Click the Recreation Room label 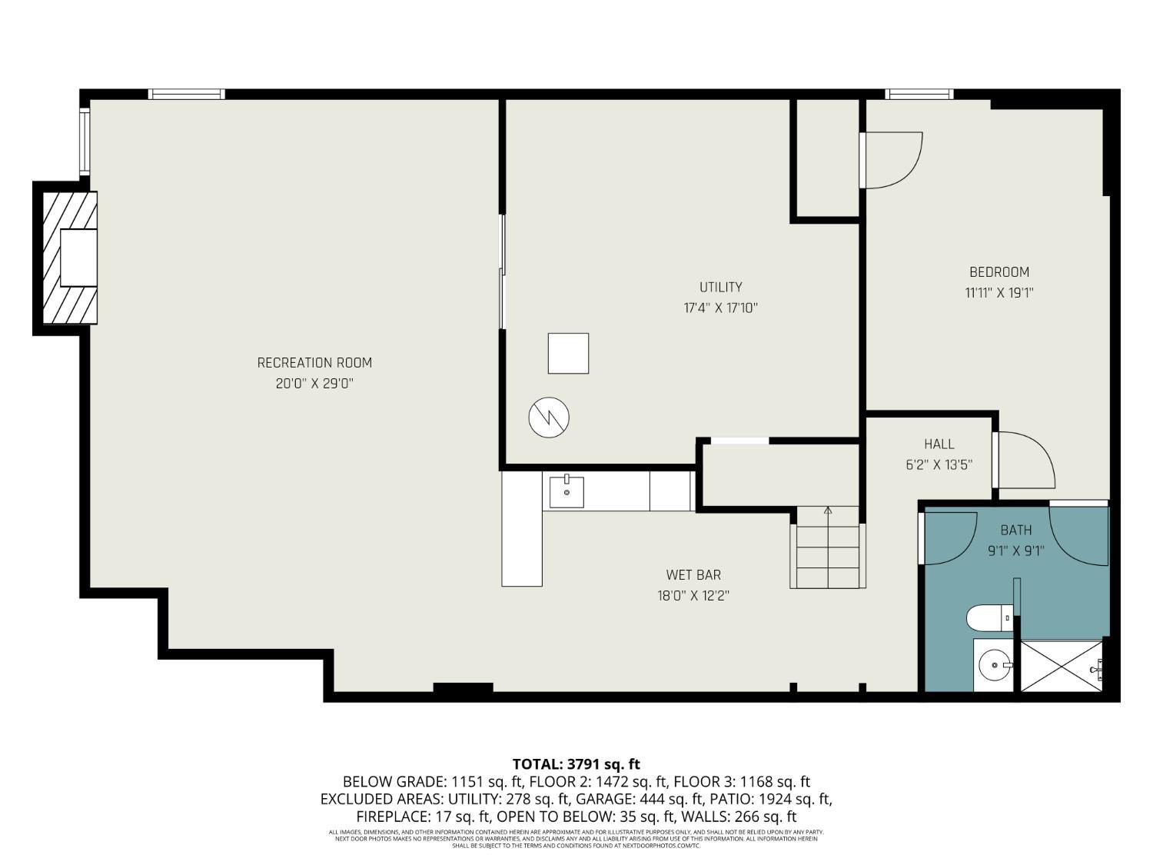coord(314,363)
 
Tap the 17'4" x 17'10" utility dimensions coord(721,308)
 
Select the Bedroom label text coord(998,272)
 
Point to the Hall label coord(939,444)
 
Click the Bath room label coord(1015,531)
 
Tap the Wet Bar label coord(693,575)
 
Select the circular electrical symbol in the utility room coord(549,418)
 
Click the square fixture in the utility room coord(568,354)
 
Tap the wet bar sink coord(567,493)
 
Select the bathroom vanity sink coord(994,665)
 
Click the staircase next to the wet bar coord(827,547)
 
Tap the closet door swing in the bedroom coord(892,160)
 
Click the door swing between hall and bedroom coord(1025,460)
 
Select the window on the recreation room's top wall coord(186,95)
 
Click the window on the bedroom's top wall coord(919,95)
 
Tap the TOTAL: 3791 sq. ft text coord(576,764)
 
